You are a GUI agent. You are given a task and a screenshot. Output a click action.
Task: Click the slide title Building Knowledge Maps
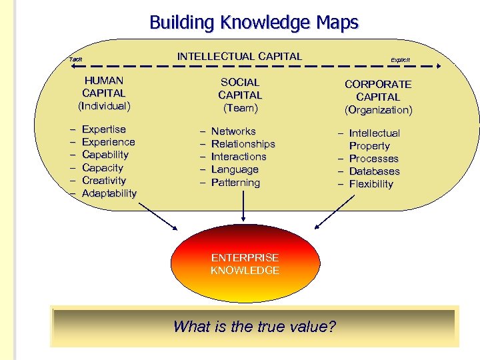click(254, 23)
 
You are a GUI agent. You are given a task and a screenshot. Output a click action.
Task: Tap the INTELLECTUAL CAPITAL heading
click(239, 56)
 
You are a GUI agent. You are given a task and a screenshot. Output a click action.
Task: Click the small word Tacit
click(76, 59)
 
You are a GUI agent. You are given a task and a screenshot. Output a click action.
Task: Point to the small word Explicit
click(400, 59)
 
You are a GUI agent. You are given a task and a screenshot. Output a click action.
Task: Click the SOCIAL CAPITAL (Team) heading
click(240, 95)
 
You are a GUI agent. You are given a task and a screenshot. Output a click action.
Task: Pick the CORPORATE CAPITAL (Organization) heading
click(378, 97)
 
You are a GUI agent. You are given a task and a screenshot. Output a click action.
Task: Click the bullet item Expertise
click(103, 129)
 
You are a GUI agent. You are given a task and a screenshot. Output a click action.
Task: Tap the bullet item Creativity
click(104, 180)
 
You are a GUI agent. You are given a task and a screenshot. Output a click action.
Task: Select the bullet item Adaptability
click(109, 193)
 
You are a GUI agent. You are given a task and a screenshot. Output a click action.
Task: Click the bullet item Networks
click(233, 131)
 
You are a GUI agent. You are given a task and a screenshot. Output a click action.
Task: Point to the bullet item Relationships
click(243, 144)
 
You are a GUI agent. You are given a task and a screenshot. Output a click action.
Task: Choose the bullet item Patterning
click(235, 182)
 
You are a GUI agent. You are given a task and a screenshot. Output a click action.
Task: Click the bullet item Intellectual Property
click(373, 139)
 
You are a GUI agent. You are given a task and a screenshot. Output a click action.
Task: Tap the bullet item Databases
click(374, 171)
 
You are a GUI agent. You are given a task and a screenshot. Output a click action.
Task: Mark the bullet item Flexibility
click(371, 184)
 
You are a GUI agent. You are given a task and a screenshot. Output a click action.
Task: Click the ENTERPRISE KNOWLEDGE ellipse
click(245, 264)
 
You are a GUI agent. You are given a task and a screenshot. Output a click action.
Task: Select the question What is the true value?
click(255, 327)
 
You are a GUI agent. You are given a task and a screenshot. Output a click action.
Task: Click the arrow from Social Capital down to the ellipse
click(245, 207)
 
